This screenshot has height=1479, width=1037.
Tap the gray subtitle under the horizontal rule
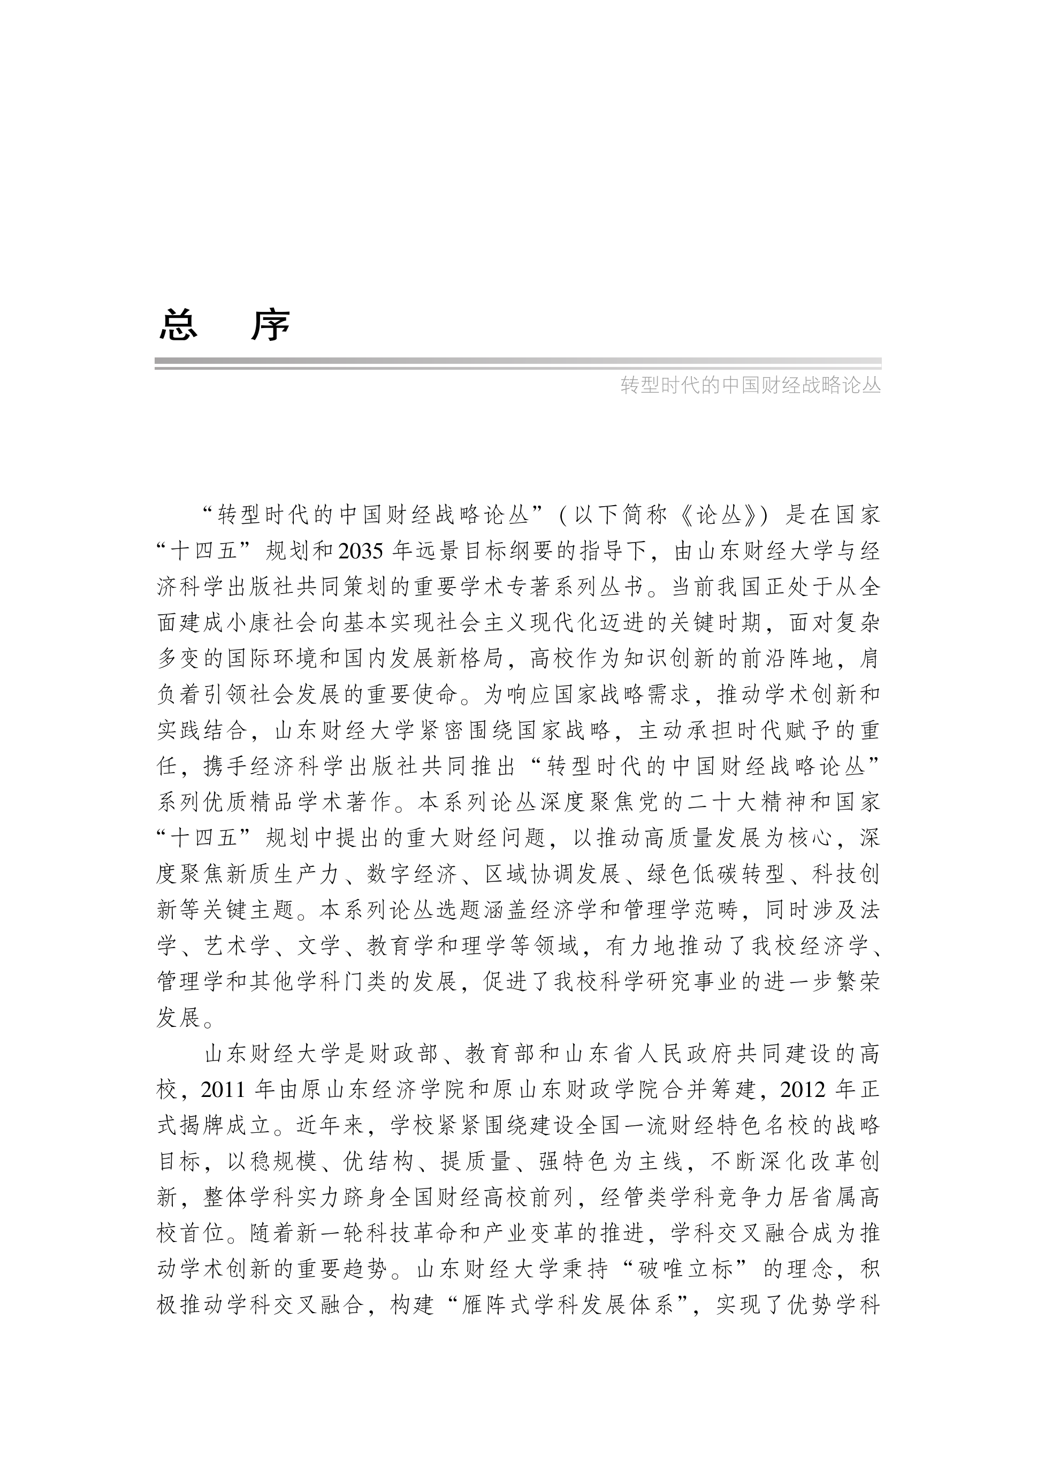tap(750, 385)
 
